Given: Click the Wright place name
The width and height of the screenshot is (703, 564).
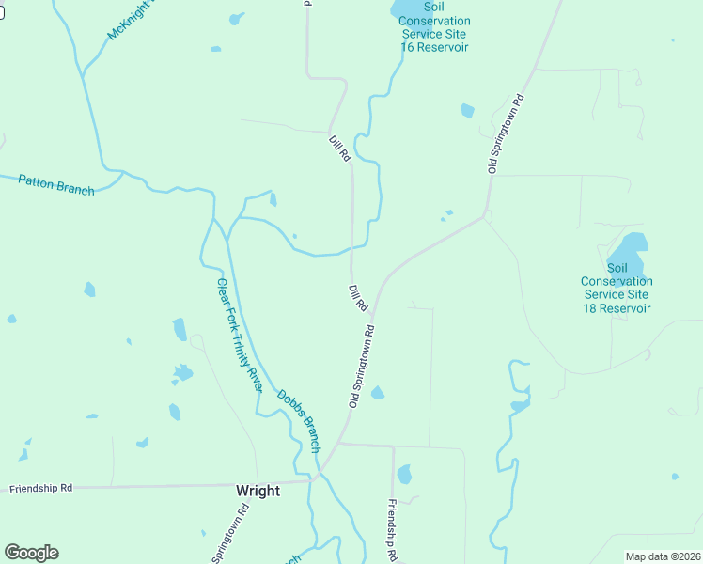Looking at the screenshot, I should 257,491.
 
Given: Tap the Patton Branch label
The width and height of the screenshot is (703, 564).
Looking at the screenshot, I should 56,184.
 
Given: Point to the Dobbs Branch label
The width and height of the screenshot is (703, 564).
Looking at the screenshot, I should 299,420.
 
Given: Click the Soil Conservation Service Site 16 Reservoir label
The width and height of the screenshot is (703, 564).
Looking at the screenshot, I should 433,26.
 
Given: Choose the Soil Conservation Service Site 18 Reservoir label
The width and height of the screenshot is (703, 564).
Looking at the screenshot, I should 617,294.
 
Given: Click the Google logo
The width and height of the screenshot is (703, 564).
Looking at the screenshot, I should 31,553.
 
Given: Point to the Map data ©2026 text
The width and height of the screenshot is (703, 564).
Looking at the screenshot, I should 663,556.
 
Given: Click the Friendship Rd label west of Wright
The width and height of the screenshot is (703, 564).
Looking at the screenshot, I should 40,489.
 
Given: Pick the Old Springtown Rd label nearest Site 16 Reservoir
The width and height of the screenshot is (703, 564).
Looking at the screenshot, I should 505,133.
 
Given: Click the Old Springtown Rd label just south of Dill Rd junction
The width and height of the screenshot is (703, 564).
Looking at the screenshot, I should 362,366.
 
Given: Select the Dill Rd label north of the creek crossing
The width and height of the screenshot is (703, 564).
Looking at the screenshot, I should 339,148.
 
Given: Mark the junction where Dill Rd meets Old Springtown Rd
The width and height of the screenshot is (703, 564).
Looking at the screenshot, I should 372,315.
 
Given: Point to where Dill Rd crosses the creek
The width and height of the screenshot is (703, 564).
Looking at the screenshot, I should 353,249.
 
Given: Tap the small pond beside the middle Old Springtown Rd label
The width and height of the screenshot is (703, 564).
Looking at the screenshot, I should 377,393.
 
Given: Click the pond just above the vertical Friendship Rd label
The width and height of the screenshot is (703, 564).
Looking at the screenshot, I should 404,474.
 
